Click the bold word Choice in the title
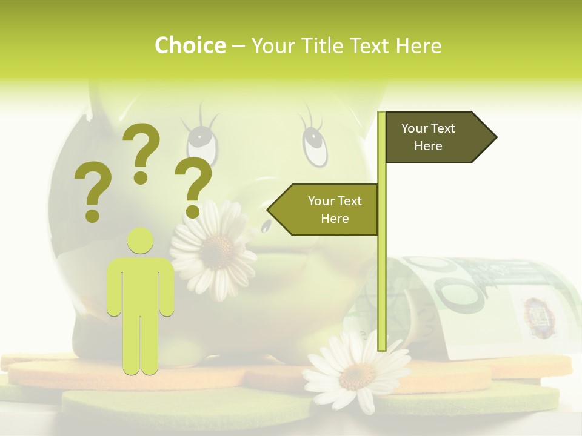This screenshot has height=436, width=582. tap(190, 46)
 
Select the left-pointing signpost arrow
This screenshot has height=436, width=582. tap(324, 210)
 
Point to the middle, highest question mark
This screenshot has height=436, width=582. tap(141, 151)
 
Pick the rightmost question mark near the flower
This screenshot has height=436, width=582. tap(193, 187)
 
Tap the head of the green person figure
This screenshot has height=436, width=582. tap(141, 241)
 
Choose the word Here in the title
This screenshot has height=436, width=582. tap(418, 46)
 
